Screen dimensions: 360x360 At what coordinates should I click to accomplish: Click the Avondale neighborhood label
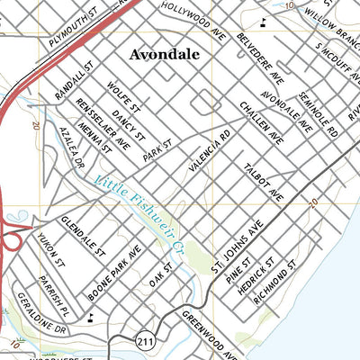click(x=165, y=54)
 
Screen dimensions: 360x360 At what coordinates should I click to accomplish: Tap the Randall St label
click(x=75, y=79)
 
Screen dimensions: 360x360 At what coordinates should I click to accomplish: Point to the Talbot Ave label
click(x=262, y=181)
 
